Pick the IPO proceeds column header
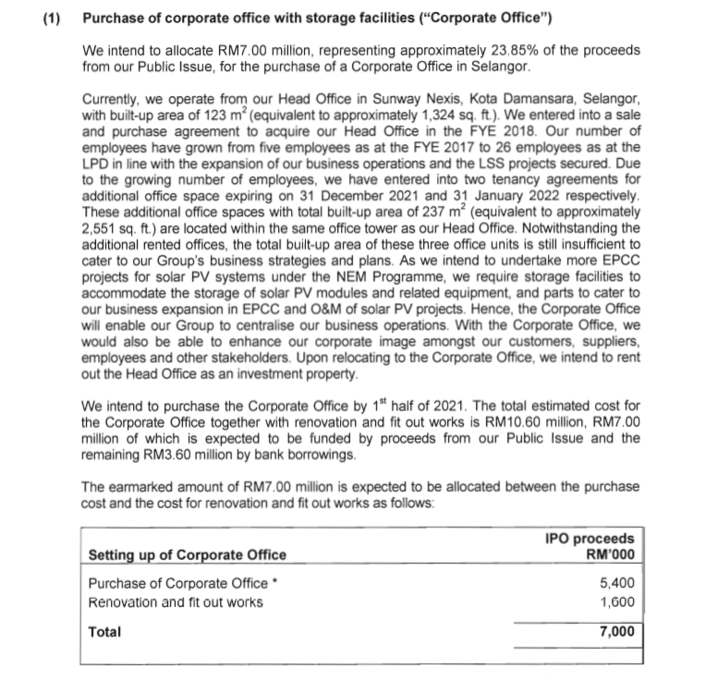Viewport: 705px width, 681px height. coord(590,546)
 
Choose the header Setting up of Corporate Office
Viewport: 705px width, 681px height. coord(187,554)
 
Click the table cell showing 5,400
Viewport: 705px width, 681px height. coord(616,584)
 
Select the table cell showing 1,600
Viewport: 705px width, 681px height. coord(616,602)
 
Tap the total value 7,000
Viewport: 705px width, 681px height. coord(616,633)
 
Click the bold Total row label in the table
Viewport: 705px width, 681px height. coord(104,633)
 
